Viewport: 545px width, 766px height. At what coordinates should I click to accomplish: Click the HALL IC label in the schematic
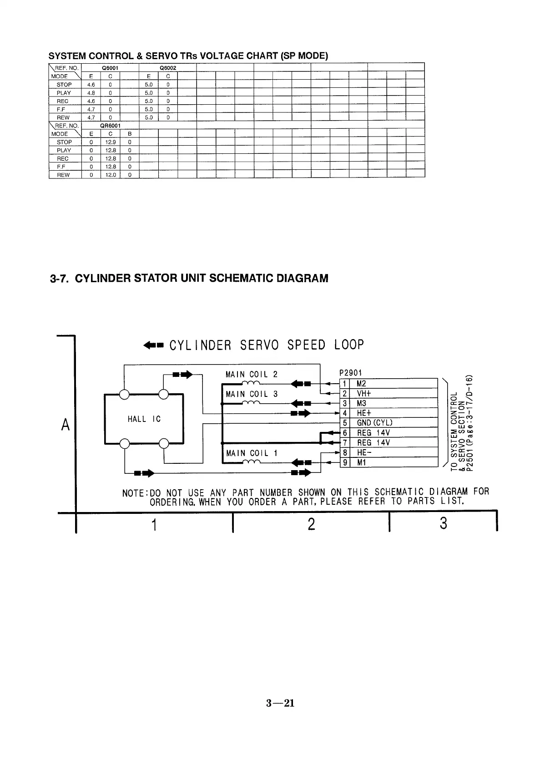(144, 419)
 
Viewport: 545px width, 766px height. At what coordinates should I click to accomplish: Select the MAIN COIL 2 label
(251, 375)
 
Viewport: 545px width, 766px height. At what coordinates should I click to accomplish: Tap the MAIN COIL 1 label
(251, 453)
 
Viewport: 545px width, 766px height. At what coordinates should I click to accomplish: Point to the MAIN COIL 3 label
(251, 394)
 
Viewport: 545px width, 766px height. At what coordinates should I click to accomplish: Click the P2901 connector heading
(351, 373)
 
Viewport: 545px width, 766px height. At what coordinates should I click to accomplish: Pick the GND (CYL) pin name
(374, 423)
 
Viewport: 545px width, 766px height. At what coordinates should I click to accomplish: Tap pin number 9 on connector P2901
(345, 463)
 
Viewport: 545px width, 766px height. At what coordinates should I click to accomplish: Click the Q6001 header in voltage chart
(110, 68)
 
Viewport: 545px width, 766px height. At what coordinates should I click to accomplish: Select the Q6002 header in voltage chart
(167, 68)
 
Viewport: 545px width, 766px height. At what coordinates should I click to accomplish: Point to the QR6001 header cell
(110, 126)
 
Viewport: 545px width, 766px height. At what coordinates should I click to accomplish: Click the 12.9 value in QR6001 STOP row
(110, 142)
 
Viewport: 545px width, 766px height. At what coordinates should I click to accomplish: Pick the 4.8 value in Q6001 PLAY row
(91, 93)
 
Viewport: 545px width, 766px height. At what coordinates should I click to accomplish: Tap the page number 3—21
(280, 703)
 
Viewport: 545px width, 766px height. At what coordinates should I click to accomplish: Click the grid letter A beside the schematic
(66, 425)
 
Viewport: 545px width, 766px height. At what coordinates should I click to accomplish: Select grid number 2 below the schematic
(311, 524)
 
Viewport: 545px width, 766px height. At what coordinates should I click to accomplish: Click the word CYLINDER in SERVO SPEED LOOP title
(201, 345)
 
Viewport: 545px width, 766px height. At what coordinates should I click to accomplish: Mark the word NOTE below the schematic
(134, 493)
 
